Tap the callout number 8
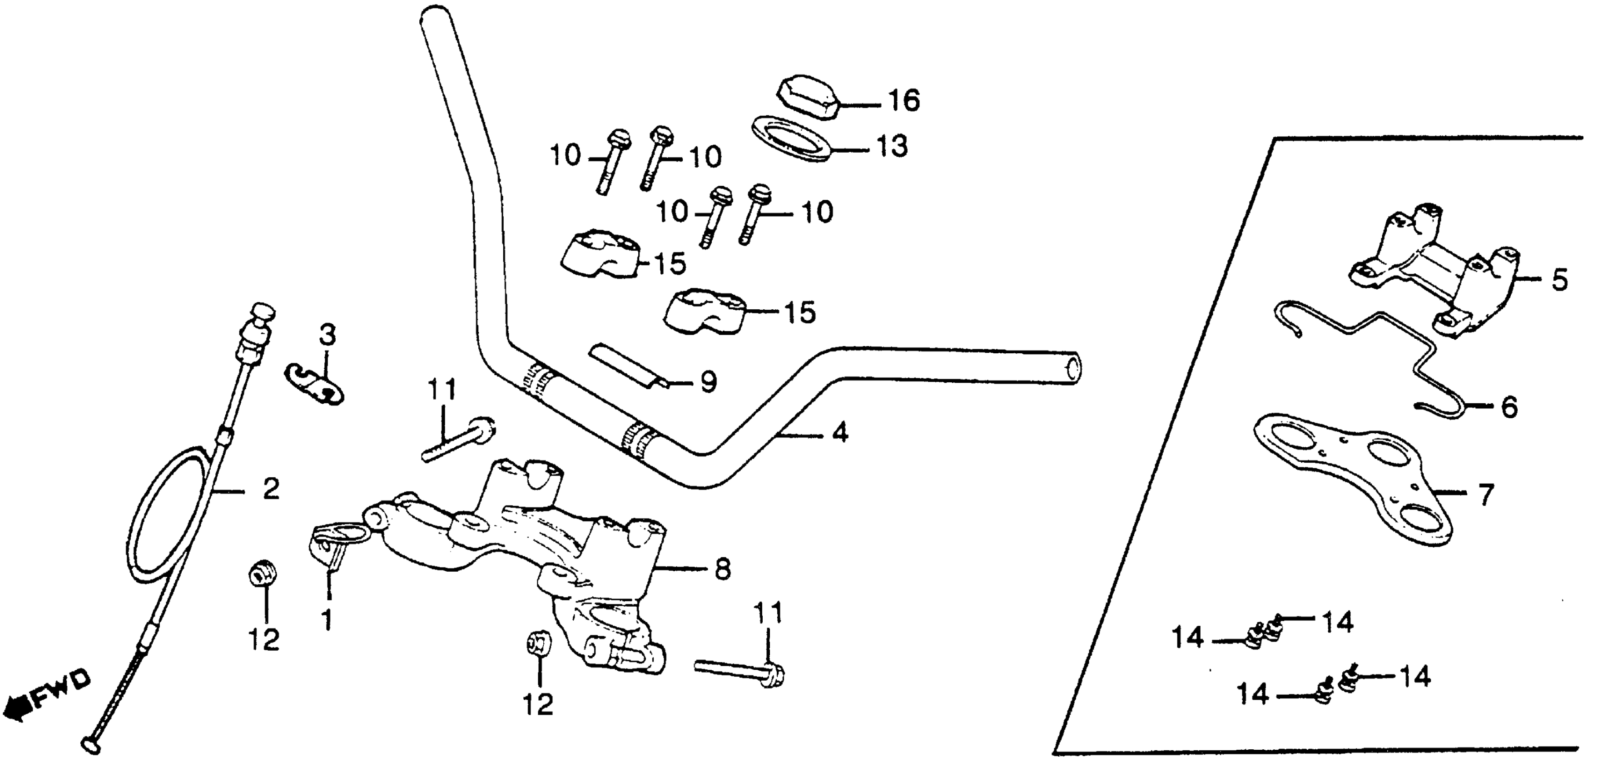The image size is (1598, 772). coord(721,569)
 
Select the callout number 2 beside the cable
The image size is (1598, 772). coord(270,489)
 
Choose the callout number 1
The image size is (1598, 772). coord(328,618)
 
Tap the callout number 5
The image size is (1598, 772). coord(1558,280)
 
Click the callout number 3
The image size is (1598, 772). coord(327,336)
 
